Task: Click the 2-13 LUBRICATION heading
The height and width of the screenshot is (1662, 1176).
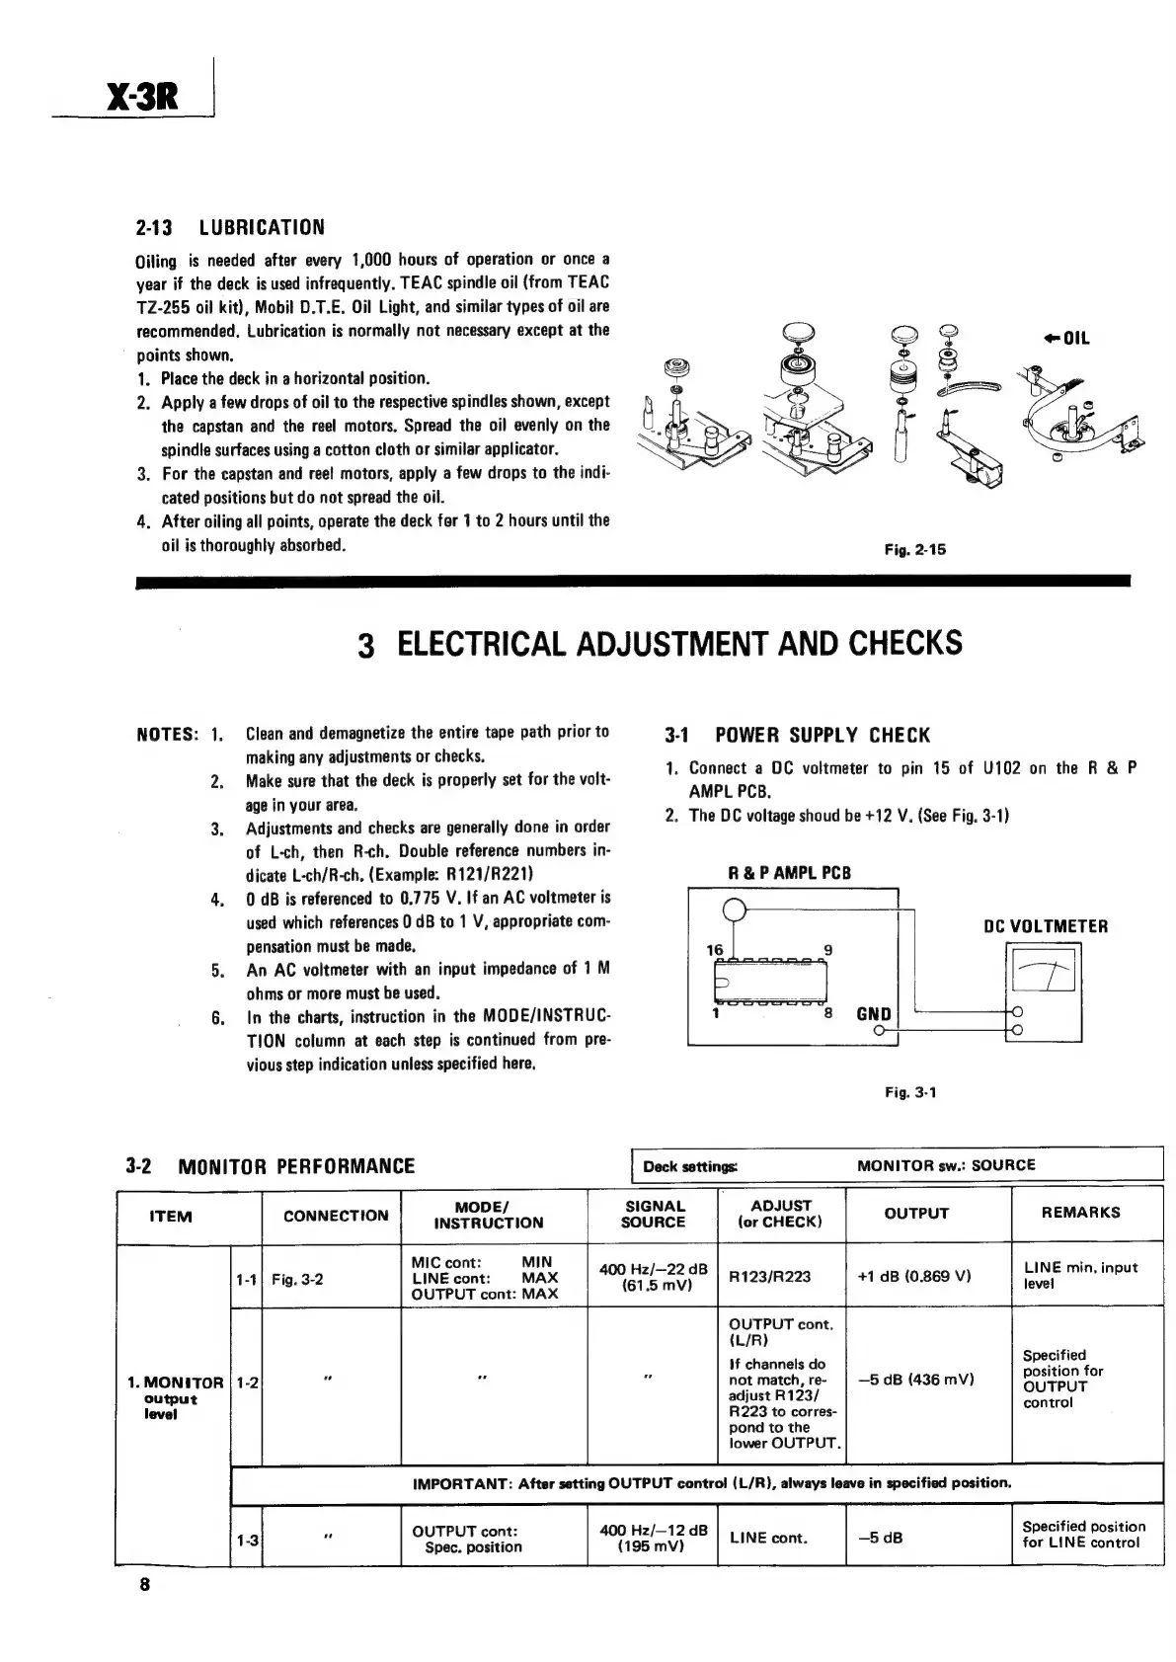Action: pyautogui.click(x=229, y=228)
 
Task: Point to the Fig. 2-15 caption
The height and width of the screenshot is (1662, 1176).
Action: pyautogui.click(x=915, y=549)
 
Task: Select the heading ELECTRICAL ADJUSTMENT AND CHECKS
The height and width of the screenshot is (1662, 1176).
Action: pyautogui.click(x=660, y=644)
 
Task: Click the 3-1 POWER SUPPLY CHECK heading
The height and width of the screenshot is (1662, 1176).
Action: pyautogui.click(x=798, y=735)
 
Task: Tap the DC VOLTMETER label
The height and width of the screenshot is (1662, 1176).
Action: pyautogui.click(x=1046, y=926)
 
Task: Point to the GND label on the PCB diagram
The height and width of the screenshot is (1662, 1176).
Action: pyautogui.click(x=873, y=1014)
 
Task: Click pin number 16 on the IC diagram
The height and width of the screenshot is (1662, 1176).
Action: pyautogui.click(x=715, y=949)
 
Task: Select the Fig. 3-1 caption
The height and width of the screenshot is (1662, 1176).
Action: pyautogui.click(x=909, y=1092)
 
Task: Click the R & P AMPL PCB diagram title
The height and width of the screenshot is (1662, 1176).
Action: pyautogui.click(x=789, y=873)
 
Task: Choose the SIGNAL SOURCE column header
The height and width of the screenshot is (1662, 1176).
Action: pyautogui.click(x=654, y=1214)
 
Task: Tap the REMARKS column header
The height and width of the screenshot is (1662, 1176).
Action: pyautogui.click(x=1080, y=1212)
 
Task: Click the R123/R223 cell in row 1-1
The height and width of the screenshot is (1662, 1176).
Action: pyautogui.click(x=769, y=1276)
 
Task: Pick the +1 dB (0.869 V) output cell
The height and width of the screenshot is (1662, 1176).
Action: pyautogui.click(x=914, y=1275)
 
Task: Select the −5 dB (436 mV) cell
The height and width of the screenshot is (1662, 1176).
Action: pyautogui.click(x=914, y=1379)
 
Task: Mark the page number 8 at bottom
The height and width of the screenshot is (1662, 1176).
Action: pyautogui.click(x=144, y=1586)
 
